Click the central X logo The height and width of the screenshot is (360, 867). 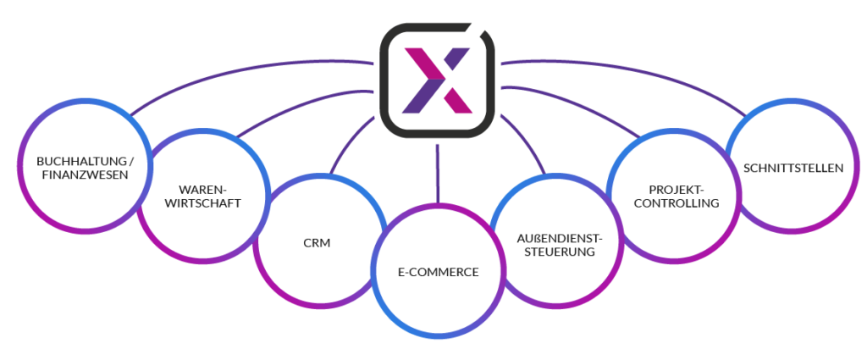click(x=437, y=80)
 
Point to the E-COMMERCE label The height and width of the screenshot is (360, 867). click(x=439, y=272)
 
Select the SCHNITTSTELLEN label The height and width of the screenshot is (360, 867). click(x=793, y=168)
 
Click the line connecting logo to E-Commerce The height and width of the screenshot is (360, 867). click(x=438, y=174)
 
